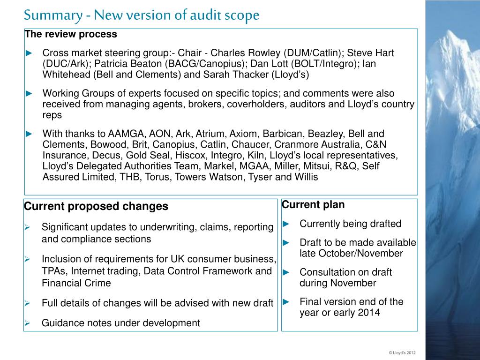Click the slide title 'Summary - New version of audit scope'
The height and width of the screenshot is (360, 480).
142,15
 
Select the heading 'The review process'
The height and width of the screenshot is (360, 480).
71,34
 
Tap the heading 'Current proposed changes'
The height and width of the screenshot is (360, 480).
96,206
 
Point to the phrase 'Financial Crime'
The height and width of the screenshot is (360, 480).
76,283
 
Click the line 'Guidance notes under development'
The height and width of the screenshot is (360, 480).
121,323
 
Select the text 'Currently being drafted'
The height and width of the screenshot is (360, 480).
351,224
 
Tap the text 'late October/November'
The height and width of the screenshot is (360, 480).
351,254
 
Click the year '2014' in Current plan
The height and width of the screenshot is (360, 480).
368,313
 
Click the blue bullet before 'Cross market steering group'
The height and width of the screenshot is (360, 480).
29,53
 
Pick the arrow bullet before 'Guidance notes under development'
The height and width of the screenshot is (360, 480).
28,323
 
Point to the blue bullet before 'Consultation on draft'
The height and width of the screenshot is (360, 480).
287,272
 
